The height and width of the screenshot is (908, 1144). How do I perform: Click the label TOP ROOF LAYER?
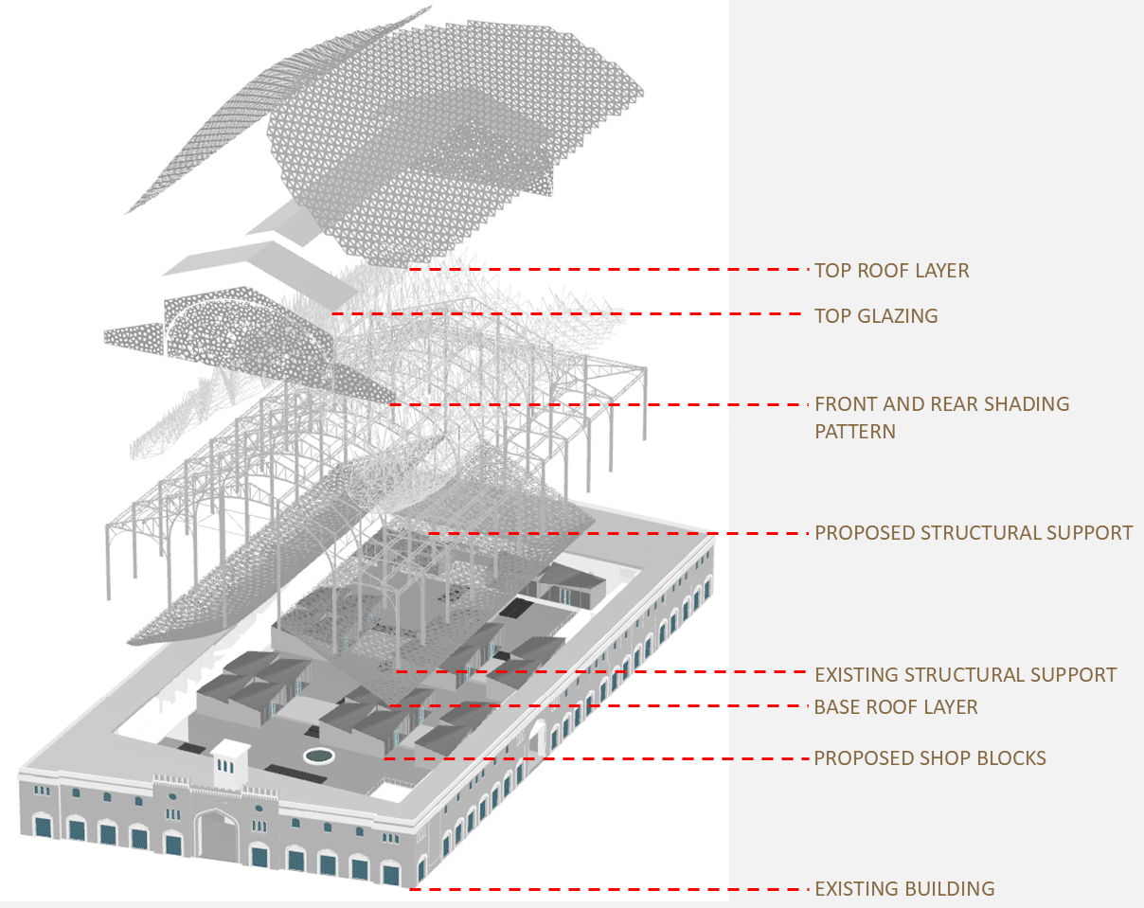[x=891, y=271]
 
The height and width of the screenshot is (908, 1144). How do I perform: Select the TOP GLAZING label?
[x=876, y=315]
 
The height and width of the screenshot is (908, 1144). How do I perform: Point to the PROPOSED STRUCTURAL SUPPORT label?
[x=973, y=532]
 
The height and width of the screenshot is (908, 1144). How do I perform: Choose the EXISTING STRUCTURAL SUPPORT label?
[x=965, y=675]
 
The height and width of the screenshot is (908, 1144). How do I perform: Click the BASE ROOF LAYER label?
[x=895, y=707]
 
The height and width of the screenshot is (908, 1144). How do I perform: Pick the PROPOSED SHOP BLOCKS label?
[x=929, y=758]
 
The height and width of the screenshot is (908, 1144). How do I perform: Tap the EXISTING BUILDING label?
[x=904, y=889]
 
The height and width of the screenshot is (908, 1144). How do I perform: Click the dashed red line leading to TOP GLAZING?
[x=568, y=314]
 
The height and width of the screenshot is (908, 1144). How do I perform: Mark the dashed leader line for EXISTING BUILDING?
[x=606, y=889]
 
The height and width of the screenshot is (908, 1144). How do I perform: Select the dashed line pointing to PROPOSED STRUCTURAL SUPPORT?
[x=616, y=533]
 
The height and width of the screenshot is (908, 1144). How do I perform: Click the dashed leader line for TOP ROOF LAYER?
[x=606, y=270]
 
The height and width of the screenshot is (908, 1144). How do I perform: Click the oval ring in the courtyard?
[x=319, y=755]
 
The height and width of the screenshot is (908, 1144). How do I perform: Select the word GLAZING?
[x=898, y=315]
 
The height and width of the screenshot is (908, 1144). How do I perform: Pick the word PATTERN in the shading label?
[x=854, y=432]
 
